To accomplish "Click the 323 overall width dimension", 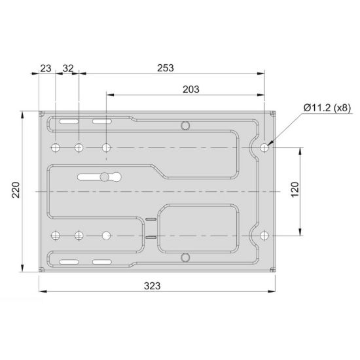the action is coord(153,286).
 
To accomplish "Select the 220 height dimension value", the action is coord(16,190).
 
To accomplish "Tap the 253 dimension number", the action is coord(166,68).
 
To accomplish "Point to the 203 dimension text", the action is coord(191,89).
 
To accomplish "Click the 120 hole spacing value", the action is coord(295,189).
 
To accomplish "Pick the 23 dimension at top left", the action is coord(46,69).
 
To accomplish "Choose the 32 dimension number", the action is coord(68,69).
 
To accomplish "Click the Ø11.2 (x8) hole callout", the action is coord(327,108).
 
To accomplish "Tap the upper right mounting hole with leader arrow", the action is coord(264,148).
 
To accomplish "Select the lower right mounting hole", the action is coord(264,236).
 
